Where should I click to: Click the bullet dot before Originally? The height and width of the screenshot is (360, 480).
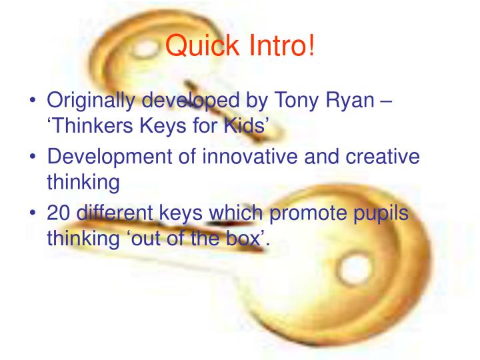point(33,101)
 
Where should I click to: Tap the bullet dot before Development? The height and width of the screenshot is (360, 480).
point(33,157)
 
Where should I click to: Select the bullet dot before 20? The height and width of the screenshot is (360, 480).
point(33,213)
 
